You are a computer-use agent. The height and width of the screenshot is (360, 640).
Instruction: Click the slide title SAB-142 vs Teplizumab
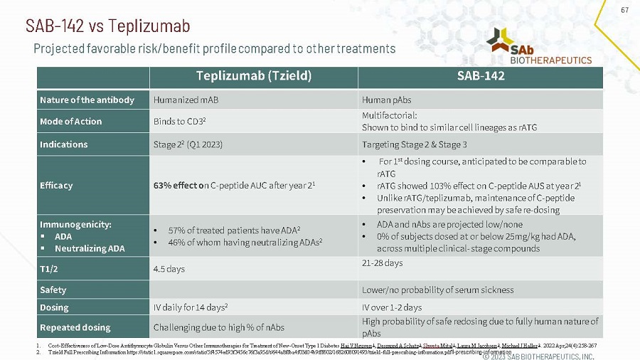point(107,26)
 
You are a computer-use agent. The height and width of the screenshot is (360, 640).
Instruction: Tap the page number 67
point(625,10)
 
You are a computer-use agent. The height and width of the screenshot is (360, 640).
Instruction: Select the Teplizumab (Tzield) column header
point(254,77)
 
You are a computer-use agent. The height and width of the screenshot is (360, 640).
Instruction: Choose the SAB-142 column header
point(480,77)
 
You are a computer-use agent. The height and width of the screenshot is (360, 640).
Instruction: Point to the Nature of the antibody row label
point(87,100)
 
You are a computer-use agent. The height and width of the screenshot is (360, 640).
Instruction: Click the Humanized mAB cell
point(178,100)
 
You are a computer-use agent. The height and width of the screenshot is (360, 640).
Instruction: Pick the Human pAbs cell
point(385,100)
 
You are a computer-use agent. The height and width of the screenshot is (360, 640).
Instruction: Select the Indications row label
point(63,144)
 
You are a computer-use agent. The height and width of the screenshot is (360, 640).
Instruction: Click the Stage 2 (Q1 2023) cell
point(188,144)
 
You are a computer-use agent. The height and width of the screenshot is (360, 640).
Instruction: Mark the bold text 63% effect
point(178,186)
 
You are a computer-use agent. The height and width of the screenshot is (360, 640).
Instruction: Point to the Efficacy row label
point(56,186)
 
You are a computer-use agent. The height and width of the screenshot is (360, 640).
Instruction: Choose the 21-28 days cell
point(382,263)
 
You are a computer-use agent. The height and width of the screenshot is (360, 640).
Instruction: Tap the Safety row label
point(53,290)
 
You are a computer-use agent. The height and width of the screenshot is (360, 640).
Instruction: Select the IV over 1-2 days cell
point(392,307)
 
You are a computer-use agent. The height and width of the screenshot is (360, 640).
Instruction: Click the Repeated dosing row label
point(75,327)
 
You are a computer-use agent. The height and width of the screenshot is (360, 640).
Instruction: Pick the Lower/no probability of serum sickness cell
point(437,290)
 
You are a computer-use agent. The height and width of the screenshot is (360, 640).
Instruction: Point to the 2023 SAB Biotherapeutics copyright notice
point(538,355)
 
